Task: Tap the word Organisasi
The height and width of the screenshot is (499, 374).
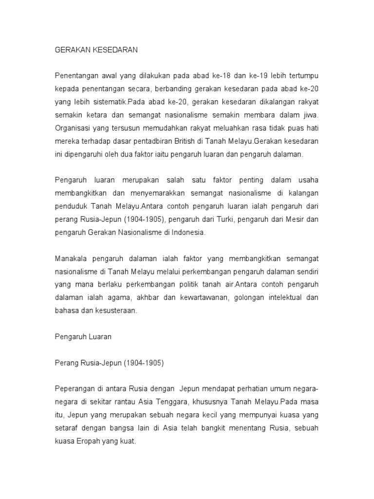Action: pos(73,128)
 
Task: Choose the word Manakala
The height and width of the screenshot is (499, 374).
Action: pos(72,258)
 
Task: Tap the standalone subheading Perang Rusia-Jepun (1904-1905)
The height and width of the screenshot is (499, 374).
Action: pos(109,362)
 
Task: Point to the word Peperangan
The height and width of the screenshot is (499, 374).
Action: pos(75,388)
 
